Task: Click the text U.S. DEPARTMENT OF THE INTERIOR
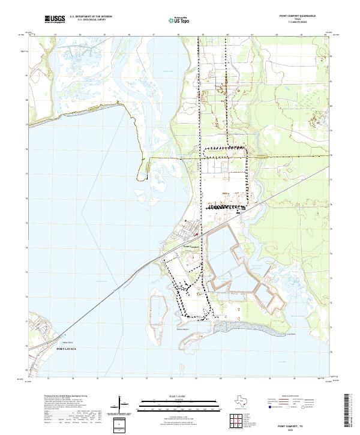[91, 16]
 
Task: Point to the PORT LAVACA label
[68, 349]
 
